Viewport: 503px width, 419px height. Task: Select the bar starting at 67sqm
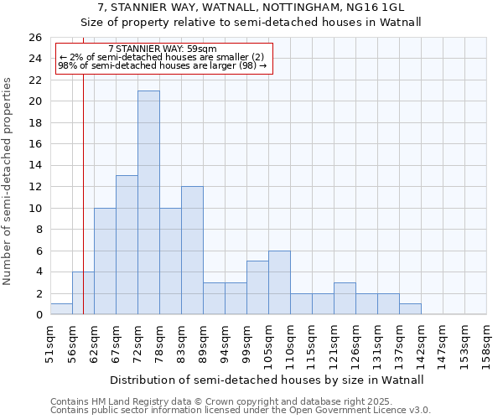[x=127, y=245]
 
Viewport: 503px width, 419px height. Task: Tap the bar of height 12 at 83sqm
[x=192, y=250]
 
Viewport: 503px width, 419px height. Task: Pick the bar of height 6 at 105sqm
[x=279, y=282]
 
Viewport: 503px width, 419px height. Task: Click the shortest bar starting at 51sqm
[x=61, y=309]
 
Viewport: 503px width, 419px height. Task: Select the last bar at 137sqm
[x=410, y=309]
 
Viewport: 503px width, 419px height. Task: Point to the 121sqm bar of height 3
[x=345, y=298]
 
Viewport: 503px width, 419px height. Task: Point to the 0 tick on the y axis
[x=39, y=315]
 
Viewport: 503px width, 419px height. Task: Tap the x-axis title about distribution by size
[x=267, y=380]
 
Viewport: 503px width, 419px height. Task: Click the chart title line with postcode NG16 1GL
[x=251, y=8]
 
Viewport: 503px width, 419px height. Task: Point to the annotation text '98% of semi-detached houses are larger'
[x=162, y=65]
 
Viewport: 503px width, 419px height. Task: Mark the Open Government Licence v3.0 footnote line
[x=241, y=411]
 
